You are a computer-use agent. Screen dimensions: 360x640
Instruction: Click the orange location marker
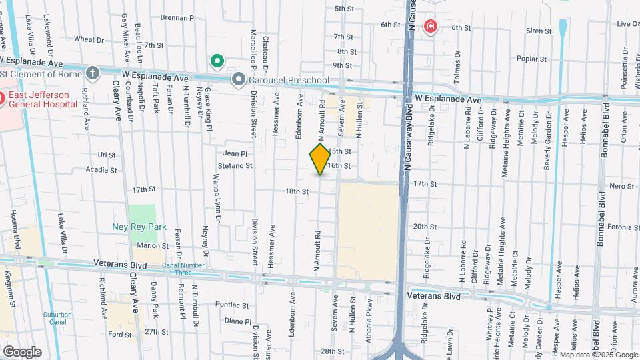(320, 159)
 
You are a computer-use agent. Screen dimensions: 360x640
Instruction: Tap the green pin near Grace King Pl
(217, 63)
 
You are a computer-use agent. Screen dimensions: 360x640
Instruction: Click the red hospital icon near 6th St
(431, 27)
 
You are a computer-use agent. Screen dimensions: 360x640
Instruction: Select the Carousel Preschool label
(289, 81)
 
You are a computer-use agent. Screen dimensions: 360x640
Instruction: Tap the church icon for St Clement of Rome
(92, 73)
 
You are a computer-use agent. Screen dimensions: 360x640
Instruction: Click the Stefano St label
(236, 165)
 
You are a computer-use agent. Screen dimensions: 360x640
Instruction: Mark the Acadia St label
(102, 169)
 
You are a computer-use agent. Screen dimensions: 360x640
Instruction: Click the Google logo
(22, 352)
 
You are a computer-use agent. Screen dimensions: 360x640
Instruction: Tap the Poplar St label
(531, 59)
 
